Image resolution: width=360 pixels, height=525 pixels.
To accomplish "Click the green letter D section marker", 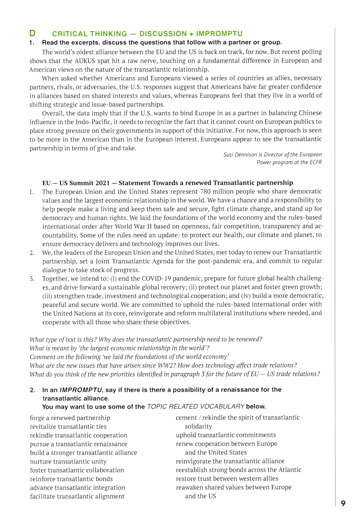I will pos(32,33).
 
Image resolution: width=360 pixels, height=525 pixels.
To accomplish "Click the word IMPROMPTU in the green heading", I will pos(219,34).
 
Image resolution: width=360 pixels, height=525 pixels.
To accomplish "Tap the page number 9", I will pos(343,503).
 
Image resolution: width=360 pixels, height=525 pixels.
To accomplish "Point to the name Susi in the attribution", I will pos(228,155).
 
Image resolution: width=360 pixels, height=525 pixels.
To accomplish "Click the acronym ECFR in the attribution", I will pos(315,162).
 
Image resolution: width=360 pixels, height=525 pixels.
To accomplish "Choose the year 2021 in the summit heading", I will pos(103,183).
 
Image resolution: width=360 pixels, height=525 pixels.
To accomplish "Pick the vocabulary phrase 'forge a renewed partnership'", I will pos(70,418).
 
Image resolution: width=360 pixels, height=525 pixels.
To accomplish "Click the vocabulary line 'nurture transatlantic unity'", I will pos(68,461).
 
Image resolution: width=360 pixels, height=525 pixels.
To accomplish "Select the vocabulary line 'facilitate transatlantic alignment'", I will pos(77,496).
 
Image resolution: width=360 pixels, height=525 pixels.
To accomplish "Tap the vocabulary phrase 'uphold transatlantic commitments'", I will pos(226,435).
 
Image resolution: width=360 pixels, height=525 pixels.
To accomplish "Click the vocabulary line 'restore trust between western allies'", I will pos(227,479).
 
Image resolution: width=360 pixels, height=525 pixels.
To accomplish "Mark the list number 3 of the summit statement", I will pos(32,279).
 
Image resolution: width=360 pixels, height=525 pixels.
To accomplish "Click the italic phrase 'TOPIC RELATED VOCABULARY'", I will pos(196,407).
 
